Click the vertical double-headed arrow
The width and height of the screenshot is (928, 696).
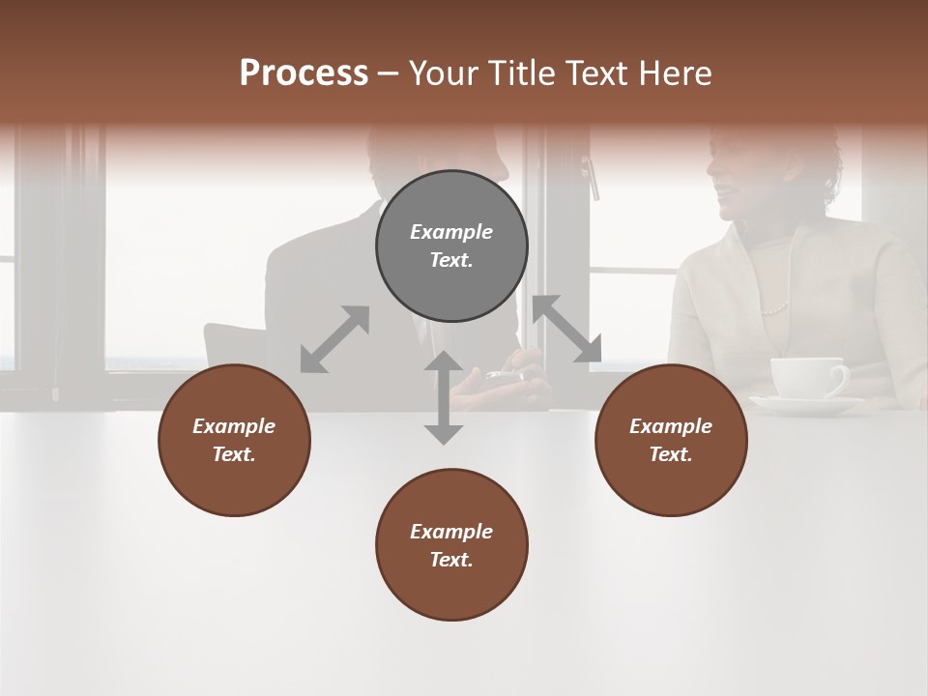point(444,397)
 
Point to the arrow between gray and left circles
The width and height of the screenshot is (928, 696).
point(334,339)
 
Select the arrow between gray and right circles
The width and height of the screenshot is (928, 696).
point(567,330)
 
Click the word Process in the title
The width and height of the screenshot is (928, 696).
point(304,72)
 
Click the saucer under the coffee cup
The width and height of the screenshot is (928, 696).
point(806,404)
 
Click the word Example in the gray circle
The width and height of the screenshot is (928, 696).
point(451,232)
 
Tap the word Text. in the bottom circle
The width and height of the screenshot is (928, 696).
point(451,560)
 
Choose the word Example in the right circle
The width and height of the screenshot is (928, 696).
point(671,426)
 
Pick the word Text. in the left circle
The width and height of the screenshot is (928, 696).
point(234,454)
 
